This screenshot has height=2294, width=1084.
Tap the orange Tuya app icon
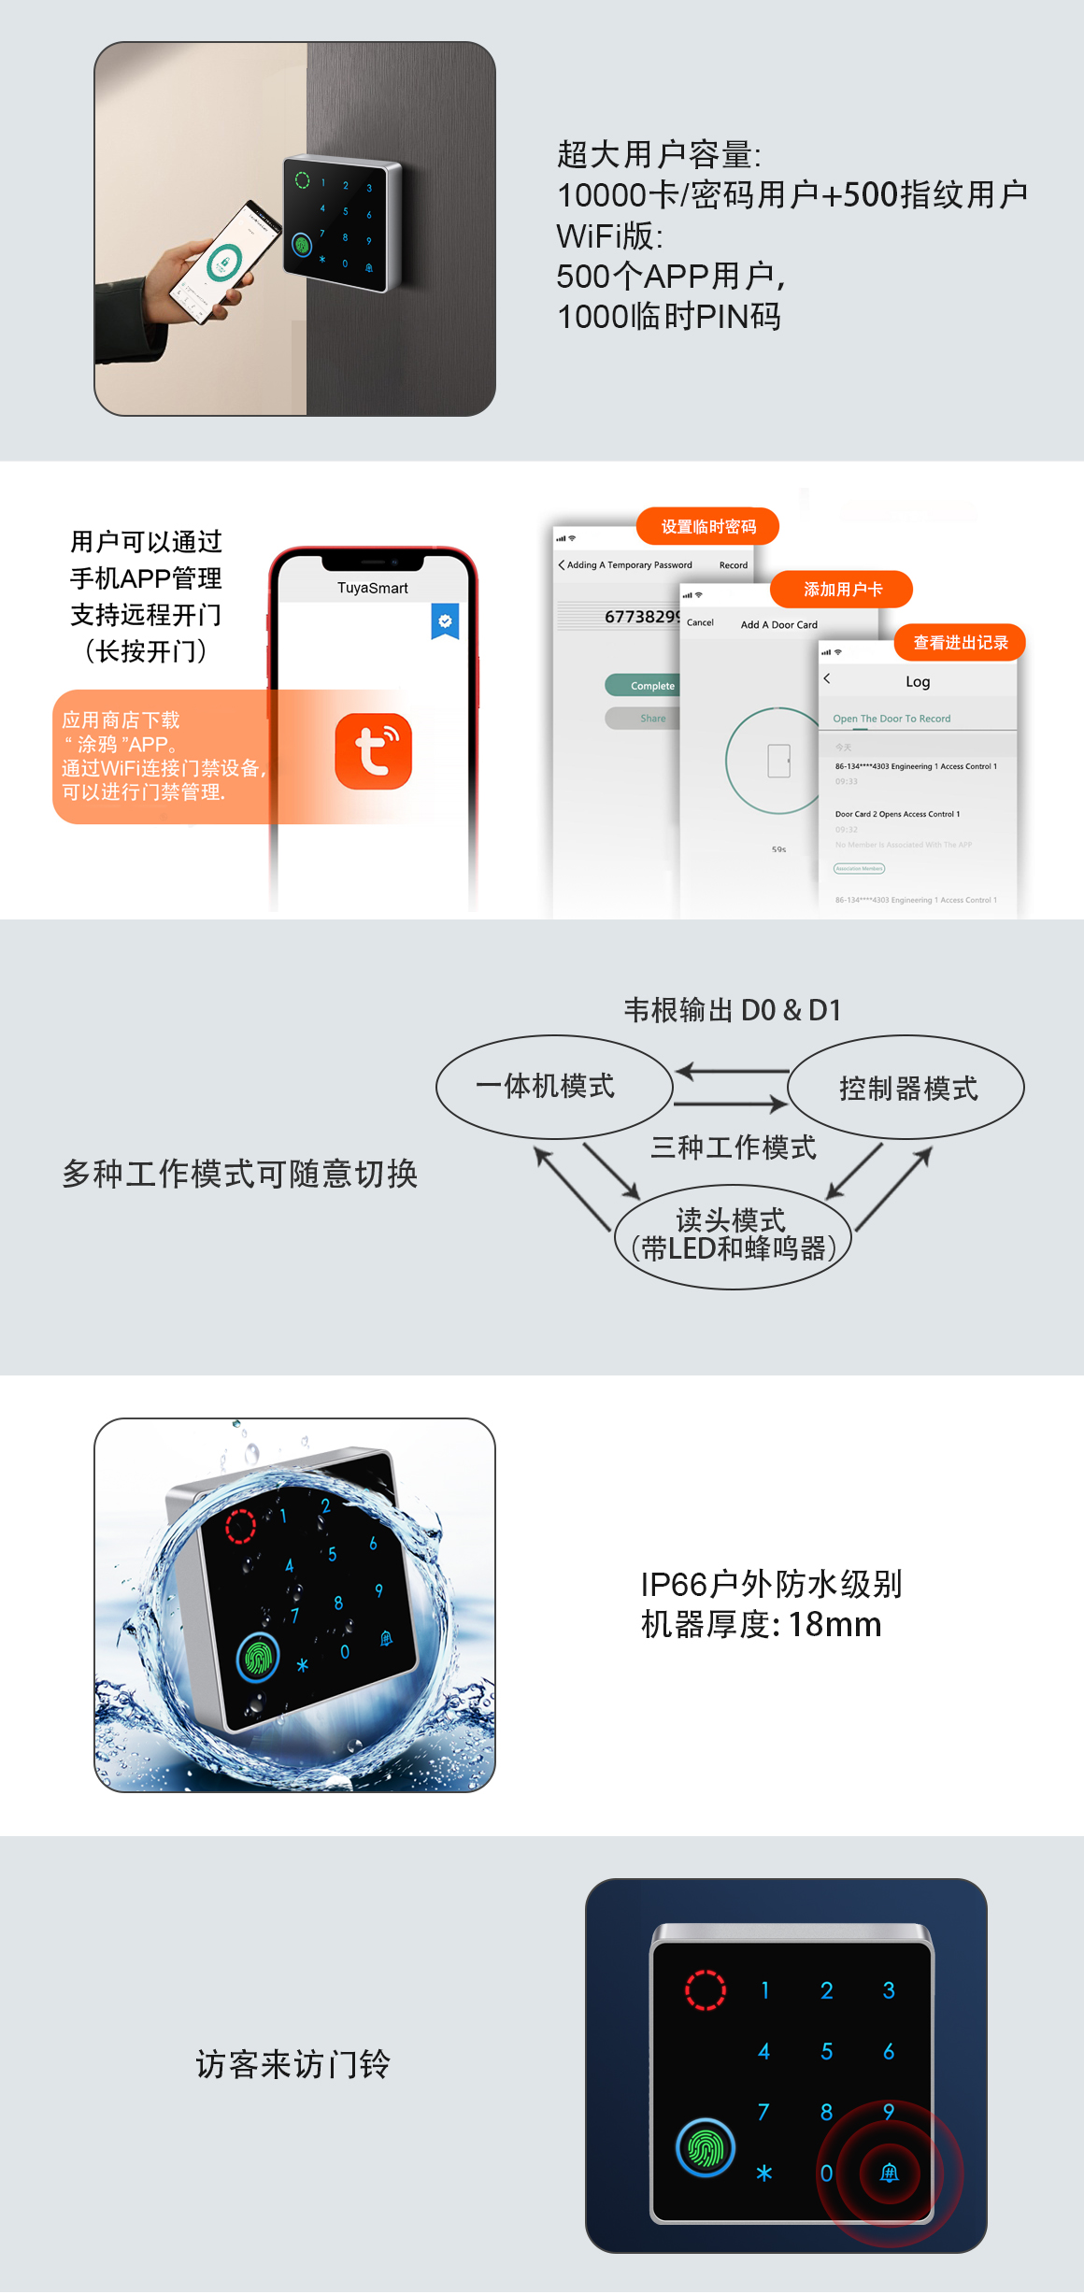click(373, 751)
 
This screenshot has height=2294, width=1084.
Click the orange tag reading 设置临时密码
click(707, 527)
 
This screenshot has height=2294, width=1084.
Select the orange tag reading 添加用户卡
click(841, 590)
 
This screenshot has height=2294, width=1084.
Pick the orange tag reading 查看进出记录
click(960, 643)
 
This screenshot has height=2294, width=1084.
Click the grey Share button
click(652, 719)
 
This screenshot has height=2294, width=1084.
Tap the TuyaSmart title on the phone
click(372, 588)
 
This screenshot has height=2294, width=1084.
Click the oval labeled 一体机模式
click(554, 1086)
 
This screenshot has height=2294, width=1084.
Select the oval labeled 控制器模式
click(906, 1088)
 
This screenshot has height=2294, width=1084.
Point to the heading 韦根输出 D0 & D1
click(733, 1010)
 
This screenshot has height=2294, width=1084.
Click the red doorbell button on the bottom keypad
click(889, 2173)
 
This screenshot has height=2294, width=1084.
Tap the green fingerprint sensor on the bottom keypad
click(706, 2147)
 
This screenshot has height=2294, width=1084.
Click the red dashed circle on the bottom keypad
click(706, 1989)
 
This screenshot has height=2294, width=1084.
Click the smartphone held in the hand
click(224, 262)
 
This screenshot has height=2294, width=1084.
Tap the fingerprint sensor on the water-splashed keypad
click(259, 1658)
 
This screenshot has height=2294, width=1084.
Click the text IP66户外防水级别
click(771, 1584)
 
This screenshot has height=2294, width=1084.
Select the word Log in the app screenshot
click(917, 682)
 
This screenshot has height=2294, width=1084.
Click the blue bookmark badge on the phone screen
click(445, 621)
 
